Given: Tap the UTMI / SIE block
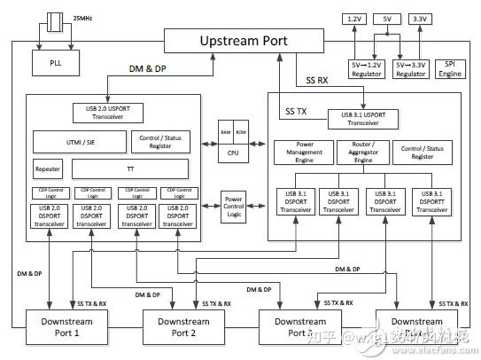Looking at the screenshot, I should point(77,141).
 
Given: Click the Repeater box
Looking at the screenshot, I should point(48,168).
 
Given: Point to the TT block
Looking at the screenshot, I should point(129,168).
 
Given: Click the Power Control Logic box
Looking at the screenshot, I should point(233,205).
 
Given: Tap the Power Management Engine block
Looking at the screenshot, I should point(299,152).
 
